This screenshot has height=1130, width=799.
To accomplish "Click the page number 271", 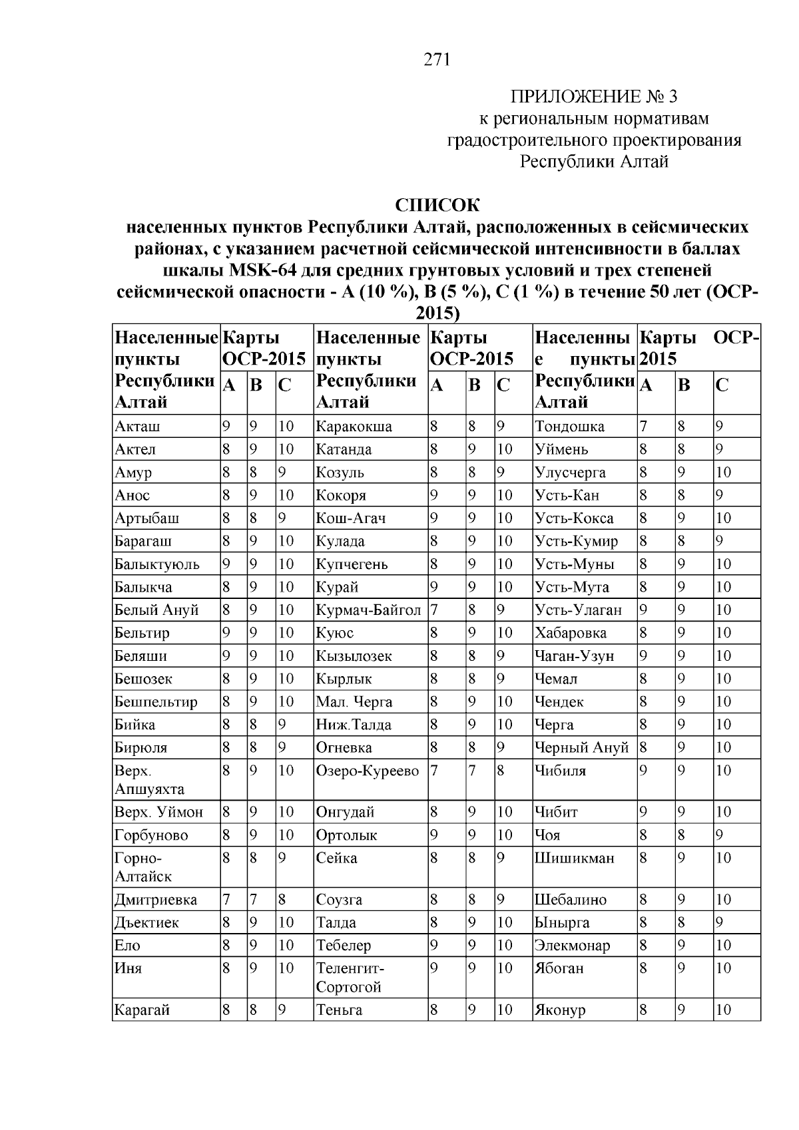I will pyautogui.click(x=437, y=61).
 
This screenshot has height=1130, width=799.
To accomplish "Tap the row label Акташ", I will pyautogui.click(x=137, y=427).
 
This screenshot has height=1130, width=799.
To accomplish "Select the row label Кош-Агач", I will pyautogui.click(x=350, y=518).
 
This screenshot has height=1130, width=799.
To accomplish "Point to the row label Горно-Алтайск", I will pyautogui.click(x=142, y=867).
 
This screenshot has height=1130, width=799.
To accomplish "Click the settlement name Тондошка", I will pyautogui.click(x=569, y=427).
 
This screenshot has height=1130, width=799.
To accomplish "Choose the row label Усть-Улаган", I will pyautogui.click(x=578, y=610).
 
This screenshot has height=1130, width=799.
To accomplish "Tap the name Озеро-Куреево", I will pyautogui.click(x=368, y=771).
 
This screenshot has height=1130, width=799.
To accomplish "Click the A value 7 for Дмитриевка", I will pyautogui.click(x=226, y=900).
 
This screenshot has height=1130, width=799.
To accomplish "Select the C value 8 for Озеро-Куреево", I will pyautogui.click(x=500, y=771).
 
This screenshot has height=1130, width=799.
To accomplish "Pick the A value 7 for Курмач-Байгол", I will pyautogui.click(x=433, y=610).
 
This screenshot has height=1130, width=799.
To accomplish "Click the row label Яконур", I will pyautogui.click(x=560, y=1010).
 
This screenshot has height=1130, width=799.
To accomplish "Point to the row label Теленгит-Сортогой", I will pyautogui.click(x=350, y=978).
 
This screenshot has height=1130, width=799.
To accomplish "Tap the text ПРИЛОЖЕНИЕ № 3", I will pyautogui.click(x=593, y=97).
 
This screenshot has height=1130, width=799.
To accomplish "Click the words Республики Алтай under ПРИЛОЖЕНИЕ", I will pyautogui.click(x=594, y=162).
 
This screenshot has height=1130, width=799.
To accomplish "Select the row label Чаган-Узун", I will pyautogui.click(x=574, y=656).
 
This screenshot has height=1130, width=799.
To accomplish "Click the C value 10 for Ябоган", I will pyautogui.click(x=723, y=968).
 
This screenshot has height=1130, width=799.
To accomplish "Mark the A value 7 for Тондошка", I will pyautogui.click(x=643, y=427).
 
